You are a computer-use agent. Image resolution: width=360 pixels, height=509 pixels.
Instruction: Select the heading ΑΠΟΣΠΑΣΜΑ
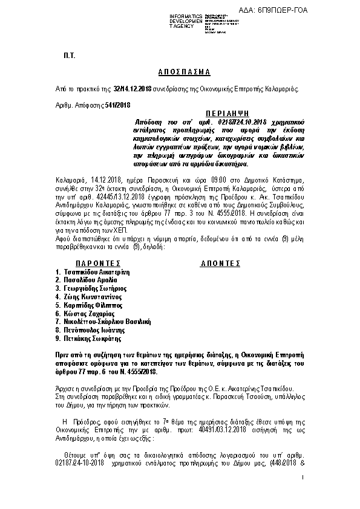(x=179, y=71)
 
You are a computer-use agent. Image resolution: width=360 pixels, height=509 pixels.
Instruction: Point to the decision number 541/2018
(x=117, y=105)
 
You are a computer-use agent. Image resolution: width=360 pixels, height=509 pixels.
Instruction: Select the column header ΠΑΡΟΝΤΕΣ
(x=97, y=264)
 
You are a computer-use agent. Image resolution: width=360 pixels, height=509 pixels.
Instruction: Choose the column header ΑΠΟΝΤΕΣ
(x=220, y=264)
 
